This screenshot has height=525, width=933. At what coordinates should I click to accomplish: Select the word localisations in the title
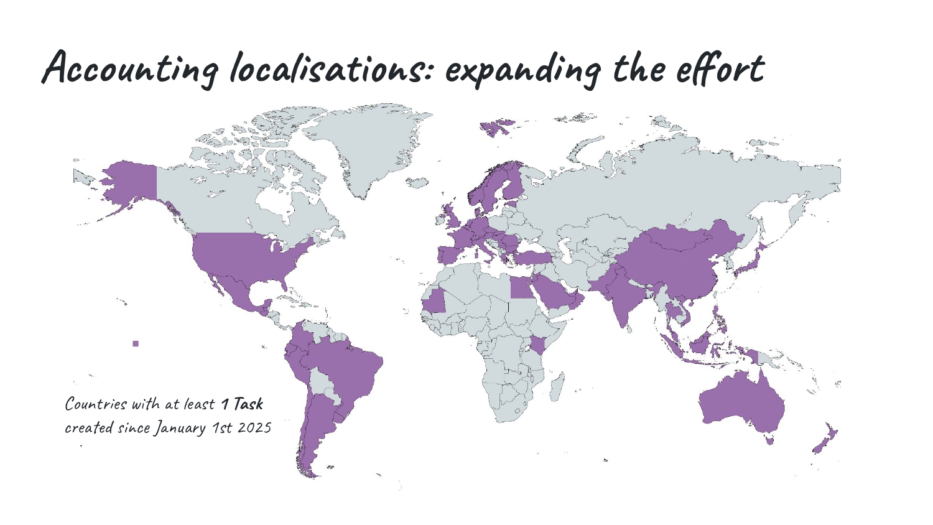tap(327, 68)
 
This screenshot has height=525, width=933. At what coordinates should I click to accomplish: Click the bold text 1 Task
tap(243, 404)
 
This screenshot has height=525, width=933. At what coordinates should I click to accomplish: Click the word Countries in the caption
tap(96, 404)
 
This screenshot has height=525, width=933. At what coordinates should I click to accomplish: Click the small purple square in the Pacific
tap(136, 343)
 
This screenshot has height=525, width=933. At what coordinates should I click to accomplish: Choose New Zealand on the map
tap(826, 439)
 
